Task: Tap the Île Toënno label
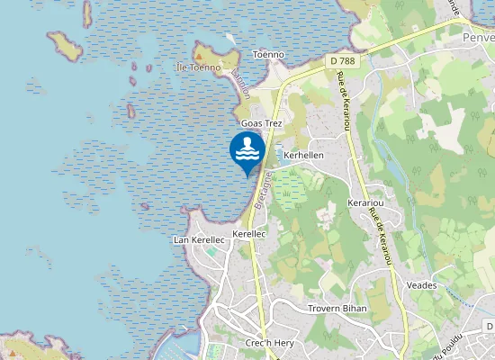click(198, 67)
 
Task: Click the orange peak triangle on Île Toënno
click(200, 54)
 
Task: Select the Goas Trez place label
click(261, 121)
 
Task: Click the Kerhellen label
click(303, 155)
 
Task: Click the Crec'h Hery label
click(265, 345)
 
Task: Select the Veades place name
click(421, 285)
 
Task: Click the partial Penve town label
click(477, 39)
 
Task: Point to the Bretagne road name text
click(261, 189)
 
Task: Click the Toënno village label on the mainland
click(268, 54)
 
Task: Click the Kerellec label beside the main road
click(249, 233)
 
